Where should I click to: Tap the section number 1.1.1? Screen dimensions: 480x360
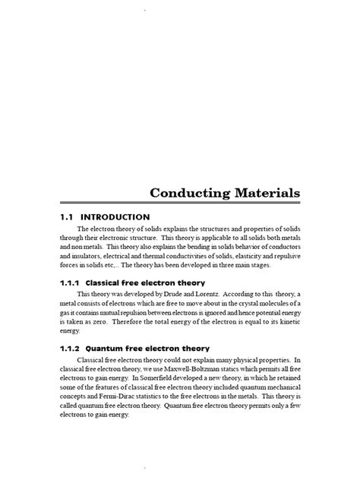pyautogui.click(x=71, y=282)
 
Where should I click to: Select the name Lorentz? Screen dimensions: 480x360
pyautogui.click(x=209, y=294)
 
